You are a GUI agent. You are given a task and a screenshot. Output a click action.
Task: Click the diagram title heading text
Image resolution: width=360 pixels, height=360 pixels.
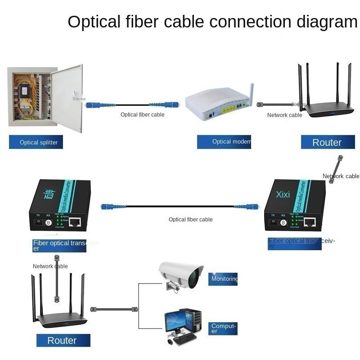[x=212, y=22]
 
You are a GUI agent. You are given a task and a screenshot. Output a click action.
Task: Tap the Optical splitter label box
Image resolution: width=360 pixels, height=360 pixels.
[x=36, y=142]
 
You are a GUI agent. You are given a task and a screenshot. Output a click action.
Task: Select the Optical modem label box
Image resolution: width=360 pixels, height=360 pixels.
[x=224, y=142]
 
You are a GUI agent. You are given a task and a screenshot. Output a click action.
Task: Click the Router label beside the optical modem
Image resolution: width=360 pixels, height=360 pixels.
[x=328, y=142]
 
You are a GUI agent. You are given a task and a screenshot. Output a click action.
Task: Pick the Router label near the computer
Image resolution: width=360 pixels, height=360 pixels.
[x=63, y=340]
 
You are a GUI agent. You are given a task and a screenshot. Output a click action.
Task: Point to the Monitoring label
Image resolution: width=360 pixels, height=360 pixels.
[x=224, y=279]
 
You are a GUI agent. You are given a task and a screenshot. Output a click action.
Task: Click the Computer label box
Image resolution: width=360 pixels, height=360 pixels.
[x=223, y=328]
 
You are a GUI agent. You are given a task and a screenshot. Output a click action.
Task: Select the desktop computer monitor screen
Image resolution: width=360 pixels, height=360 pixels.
[x=174, y=321]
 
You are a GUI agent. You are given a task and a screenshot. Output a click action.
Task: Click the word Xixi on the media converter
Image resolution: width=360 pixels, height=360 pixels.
[x=283, y=194]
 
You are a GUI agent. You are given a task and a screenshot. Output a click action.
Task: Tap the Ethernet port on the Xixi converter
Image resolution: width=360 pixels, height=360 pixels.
[x=310, y=221]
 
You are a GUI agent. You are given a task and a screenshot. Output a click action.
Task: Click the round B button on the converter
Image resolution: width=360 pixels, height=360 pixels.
[x=48, y=222]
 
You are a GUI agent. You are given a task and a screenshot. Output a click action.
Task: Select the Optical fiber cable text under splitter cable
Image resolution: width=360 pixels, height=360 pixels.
[x=142, y=115]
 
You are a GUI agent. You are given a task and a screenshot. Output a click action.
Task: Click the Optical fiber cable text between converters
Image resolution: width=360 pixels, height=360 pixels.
[x=190, y=220]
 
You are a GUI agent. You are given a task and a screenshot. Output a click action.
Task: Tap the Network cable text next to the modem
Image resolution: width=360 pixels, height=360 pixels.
[x=284, y=115]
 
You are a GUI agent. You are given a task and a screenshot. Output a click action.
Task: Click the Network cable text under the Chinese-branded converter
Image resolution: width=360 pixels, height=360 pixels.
[x=50, y=266]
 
